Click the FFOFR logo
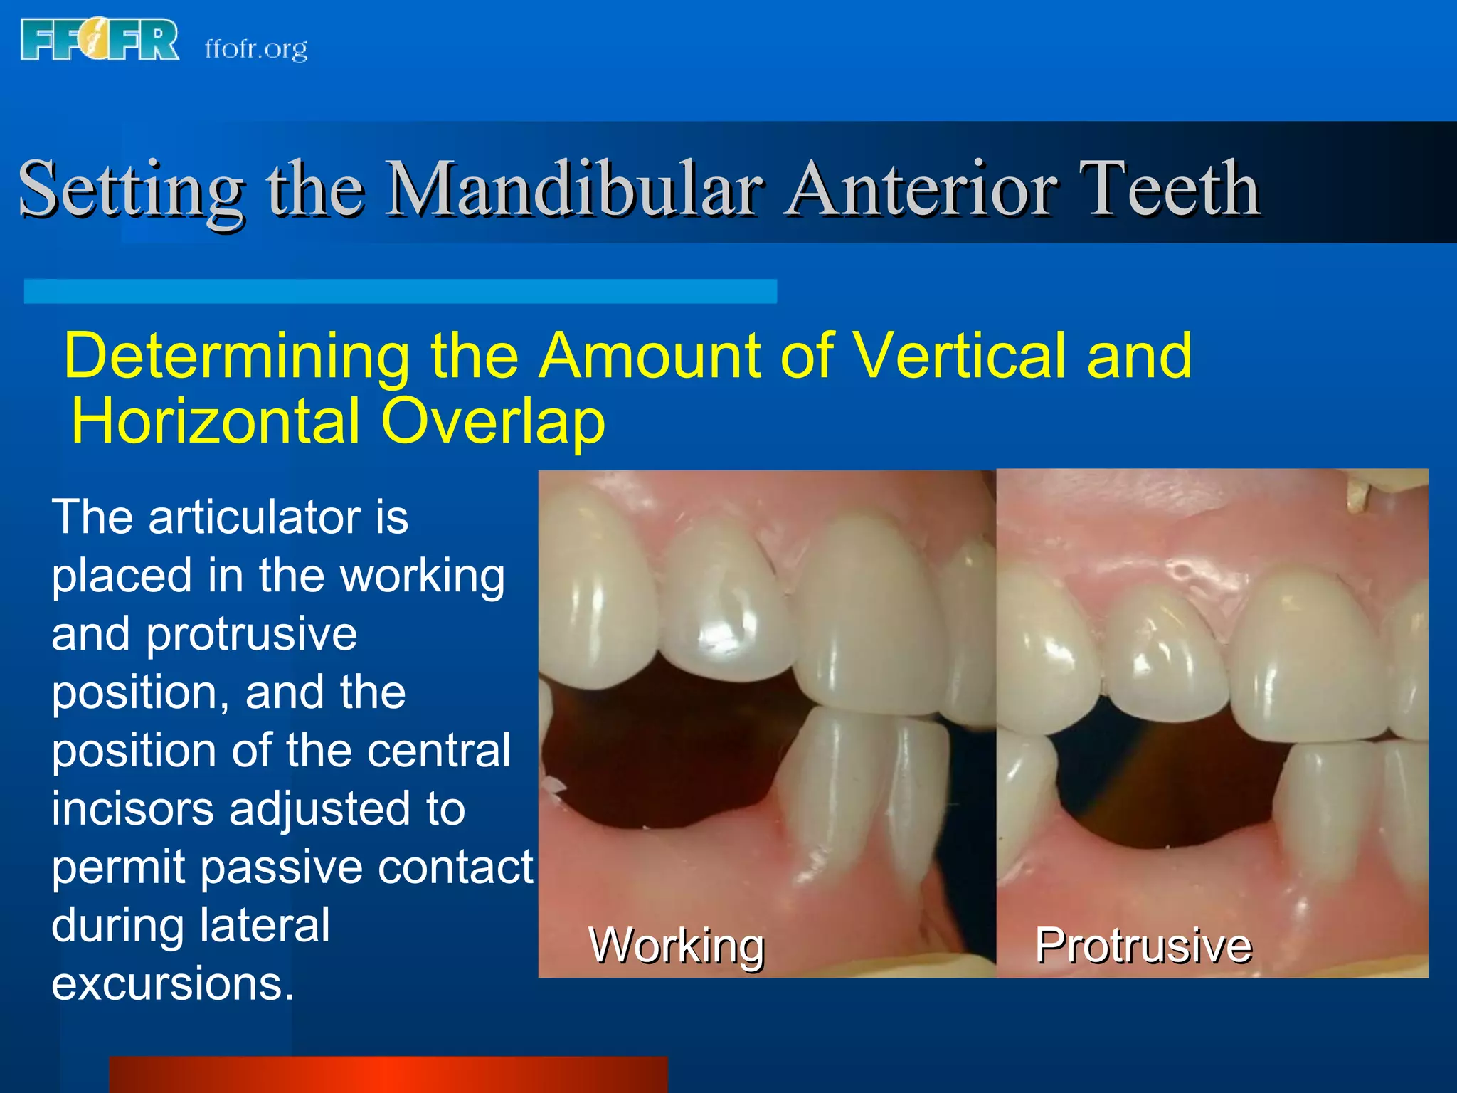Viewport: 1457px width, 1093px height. click(100, 41)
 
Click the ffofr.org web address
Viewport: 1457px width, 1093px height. click(256, 48)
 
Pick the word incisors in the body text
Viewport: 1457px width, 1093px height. click(132, 809)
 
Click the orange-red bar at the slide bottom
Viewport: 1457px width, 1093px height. click(388, 1074)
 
